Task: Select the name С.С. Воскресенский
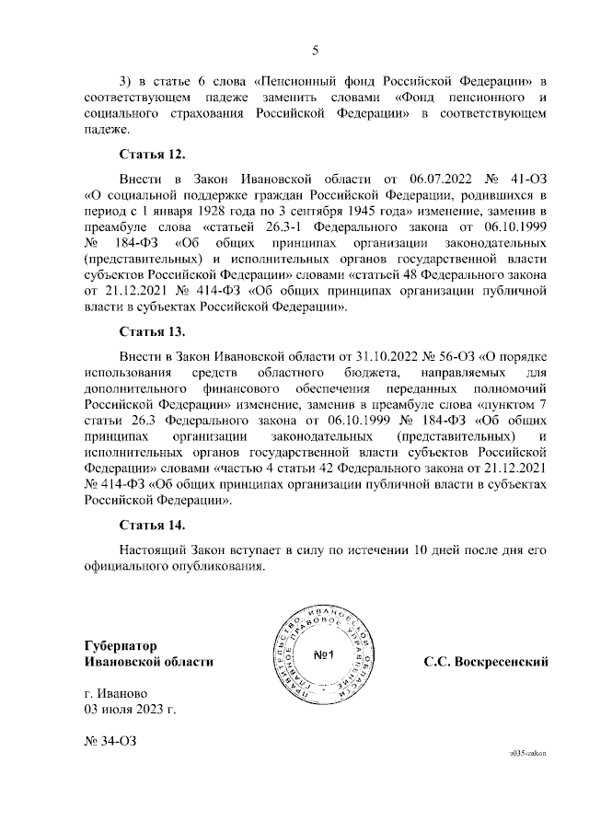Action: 486,662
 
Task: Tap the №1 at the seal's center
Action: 323,655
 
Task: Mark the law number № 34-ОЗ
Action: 112,741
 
